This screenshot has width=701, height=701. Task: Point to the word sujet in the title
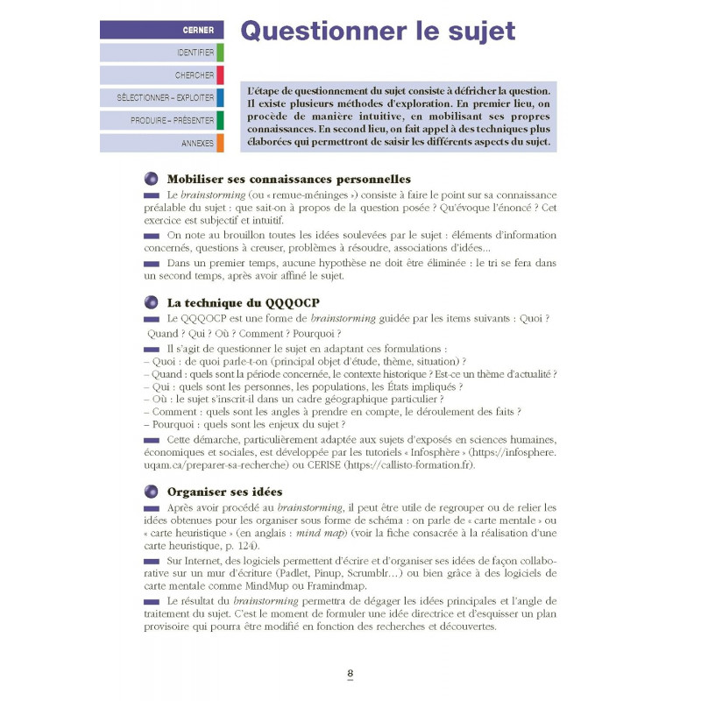click(x=476, y=32)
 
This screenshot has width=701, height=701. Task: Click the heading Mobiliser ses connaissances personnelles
click(x=288, y=179)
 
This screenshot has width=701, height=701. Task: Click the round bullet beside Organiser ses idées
click(x=152, y=492)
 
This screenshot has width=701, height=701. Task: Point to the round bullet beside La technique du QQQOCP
click(x=152, y=303)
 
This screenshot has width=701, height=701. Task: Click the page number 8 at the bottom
click(x=350, y=674)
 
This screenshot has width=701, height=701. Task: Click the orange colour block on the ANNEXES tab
click(x=220, y=143)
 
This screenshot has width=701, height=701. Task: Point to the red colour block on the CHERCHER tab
click(x=220, y=75)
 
